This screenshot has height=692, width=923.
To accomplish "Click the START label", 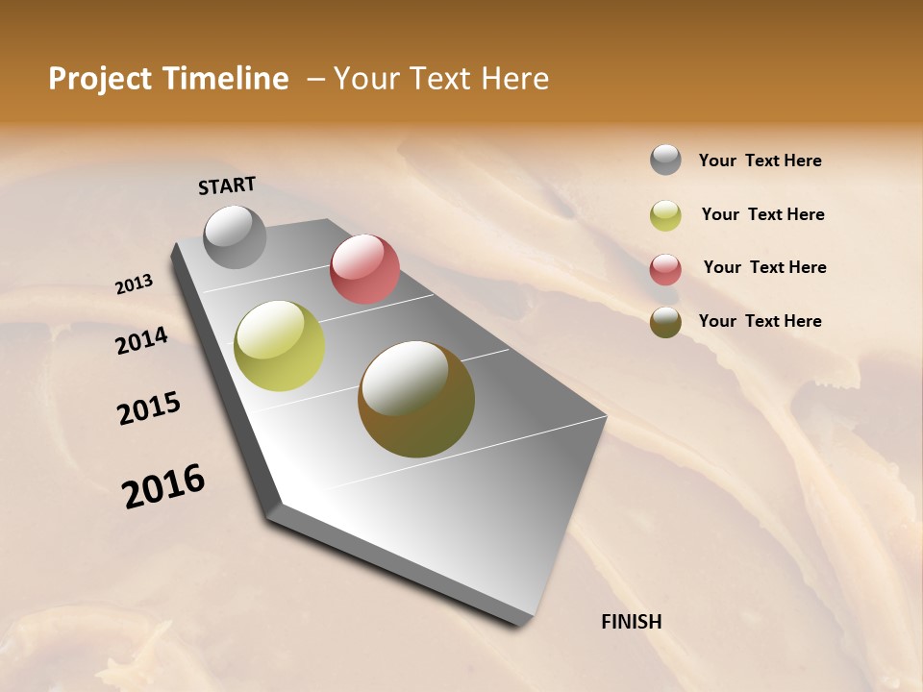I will tap(227, 185).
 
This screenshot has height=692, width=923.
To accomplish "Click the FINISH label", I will tap(631, 622).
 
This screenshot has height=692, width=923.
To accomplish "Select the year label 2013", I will tap(134, 284).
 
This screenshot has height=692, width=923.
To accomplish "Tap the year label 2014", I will tap(141, 340).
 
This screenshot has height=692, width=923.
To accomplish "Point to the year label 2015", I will tap(149, 408).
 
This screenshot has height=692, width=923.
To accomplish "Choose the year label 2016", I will tap(163, 486).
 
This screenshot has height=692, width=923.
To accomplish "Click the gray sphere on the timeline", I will tap(236, 236).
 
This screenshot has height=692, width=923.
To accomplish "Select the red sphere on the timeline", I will tap(364, 269).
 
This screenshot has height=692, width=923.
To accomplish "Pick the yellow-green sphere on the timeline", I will tap(279, 346).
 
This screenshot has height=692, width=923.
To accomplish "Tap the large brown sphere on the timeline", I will tap(416, 399).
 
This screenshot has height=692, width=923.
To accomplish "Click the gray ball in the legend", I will tap(665, 160).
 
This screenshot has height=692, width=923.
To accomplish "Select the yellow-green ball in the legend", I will tap(665, 215).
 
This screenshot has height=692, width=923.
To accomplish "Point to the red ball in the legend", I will tap(665, 269).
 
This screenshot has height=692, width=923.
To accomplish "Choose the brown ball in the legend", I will tap(665, 322).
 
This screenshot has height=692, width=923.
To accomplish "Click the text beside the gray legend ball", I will tap(760, 161).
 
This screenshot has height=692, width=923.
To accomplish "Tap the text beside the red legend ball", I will tap(764, 267).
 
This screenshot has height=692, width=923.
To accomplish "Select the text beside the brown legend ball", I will tap(760, 321).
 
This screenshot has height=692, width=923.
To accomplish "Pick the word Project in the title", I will tap(99, 79).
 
